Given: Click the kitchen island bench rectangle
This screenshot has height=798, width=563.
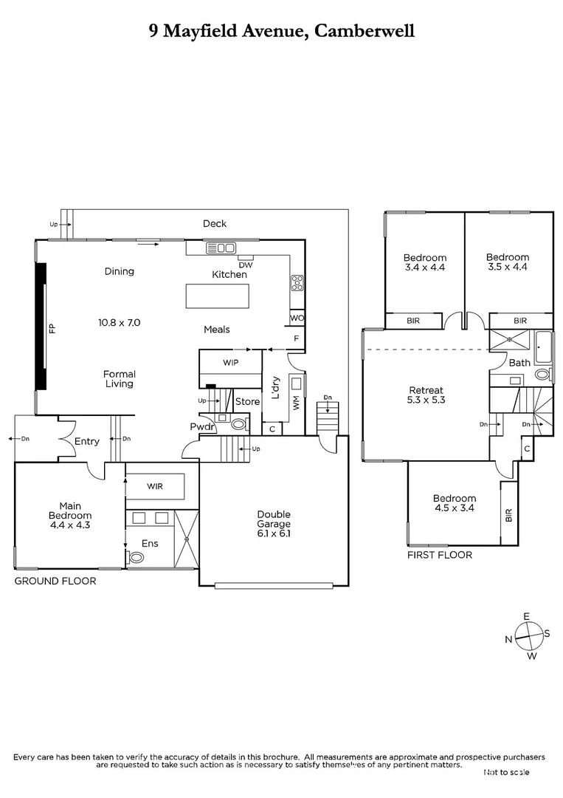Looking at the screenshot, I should click(x=217, y=296).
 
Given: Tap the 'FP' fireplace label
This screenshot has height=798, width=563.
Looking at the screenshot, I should click(x=52, y=328).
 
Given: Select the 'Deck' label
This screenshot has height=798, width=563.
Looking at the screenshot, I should click(x=215, y=224).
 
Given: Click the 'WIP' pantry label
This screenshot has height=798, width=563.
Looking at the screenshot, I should click(x=231, y=363).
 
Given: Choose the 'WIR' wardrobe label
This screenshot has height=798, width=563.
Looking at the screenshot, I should click(x=154, y=485).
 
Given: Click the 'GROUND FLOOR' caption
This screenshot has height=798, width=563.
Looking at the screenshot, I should click(x=55, y=582).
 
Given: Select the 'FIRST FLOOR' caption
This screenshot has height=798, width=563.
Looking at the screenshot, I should click(x=439, y=555).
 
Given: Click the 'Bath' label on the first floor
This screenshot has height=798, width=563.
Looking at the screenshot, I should click(x=519, y=363).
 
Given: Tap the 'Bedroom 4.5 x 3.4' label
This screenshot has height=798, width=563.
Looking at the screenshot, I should click(x=454, y=504).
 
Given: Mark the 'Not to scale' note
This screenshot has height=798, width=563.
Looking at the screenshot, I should click(x=506, y=772).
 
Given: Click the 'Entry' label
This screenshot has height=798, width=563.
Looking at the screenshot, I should click(x=86, y=442).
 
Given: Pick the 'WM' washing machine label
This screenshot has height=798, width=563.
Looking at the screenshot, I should click(x=297, y=403).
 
